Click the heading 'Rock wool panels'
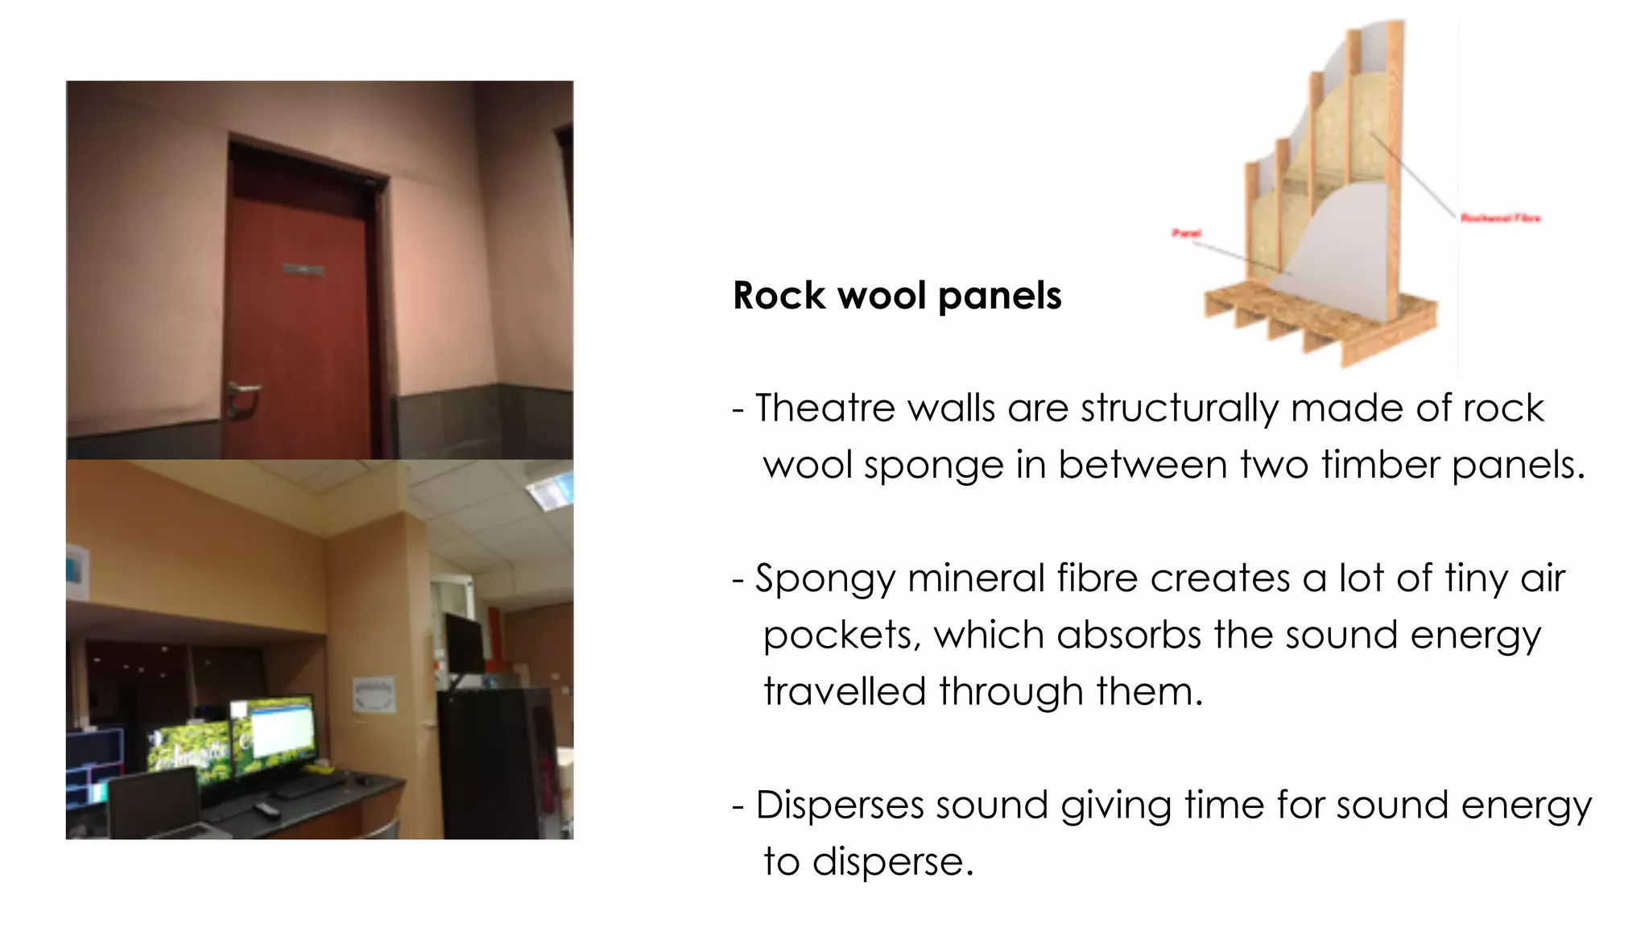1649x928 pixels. [x=897, y=296]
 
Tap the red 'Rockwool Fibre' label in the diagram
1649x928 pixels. [x=1500, y=218]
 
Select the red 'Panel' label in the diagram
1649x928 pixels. [x=1186, y=234]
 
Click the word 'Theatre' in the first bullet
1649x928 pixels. [x=824, y=408]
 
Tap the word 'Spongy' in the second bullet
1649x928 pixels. [x=824, y=579]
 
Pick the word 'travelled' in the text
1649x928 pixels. [x=844, y=692]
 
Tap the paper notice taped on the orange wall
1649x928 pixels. [x=374, y=694]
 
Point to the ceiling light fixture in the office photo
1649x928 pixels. [x=551, y=491]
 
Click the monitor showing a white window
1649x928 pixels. [x=274, y=731]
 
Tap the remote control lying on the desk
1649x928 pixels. [x=267, y=809]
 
